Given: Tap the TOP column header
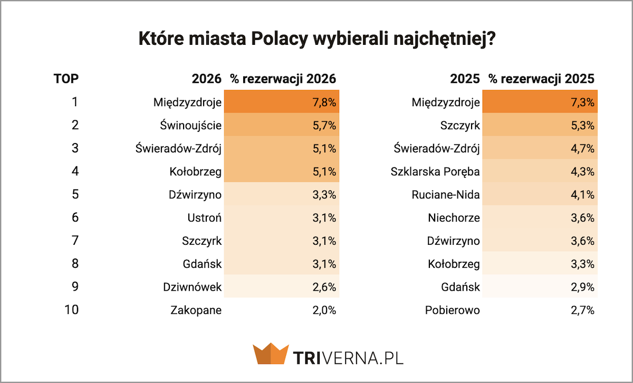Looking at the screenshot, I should pyautogui.click(x=66, y=79).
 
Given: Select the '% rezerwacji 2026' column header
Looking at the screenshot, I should pyautogui.click(x=283, y=79).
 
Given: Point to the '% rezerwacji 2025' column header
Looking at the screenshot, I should pyautogui.click(x=541, y=79).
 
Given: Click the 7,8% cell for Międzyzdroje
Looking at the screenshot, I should pyautogui.click(x=324, y=102).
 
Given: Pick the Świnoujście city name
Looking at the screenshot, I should pyautogui.click(x=190, y=126).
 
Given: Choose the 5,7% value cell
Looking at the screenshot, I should pyautogui.click(x=324, y=126).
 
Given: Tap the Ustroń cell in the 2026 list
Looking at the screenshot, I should pyautogui.click(x=205, y=218).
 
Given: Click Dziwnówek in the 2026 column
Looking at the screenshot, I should pyautogui.click(x=192, y=287).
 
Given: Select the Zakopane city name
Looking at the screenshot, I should pyautogui.click(x=196, y=310).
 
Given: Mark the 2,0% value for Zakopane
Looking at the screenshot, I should pyautogui.click(x=324, y=310).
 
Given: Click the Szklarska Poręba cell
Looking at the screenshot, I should pyautogui.click(x=435, y=171).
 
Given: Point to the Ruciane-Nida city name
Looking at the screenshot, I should pyautogui.click(x=446, y=195).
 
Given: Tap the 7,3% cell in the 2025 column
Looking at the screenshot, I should pyautogui.click(x=582, y=102).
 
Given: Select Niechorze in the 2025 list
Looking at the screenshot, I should pyautogui.click(x=454, y=218).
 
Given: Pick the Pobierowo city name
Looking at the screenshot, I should pyautogui.click(x=453, y=310).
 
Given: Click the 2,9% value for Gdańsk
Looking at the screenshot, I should pyautogui.click(x=582, y=287).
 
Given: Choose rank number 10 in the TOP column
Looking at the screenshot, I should pyautogui.click(x=71, y=310).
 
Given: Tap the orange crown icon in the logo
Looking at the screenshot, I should pyautogui.click(x=270, y=354).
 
